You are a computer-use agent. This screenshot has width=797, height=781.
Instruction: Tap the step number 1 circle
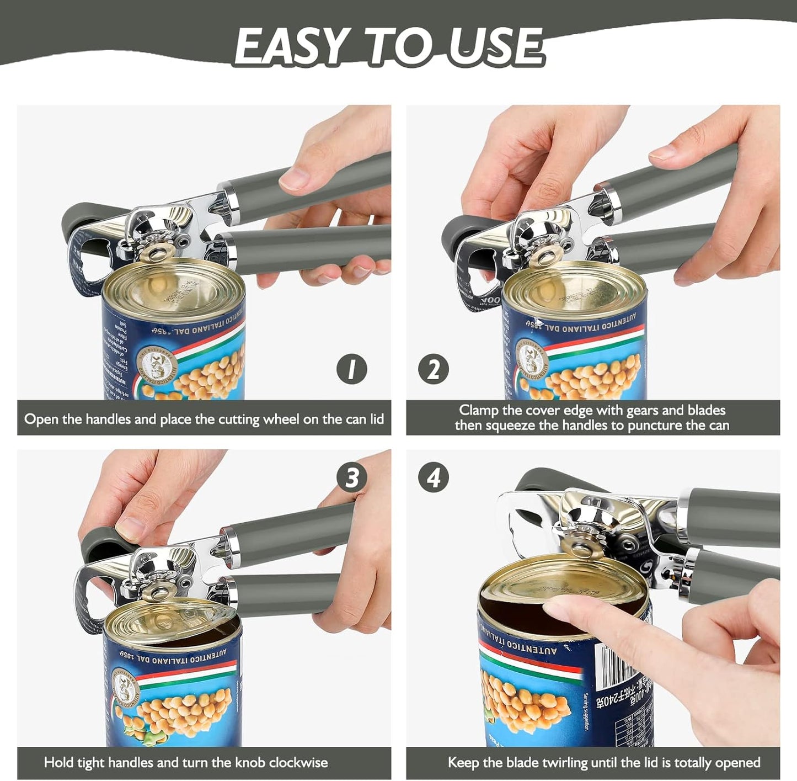pos(351,369)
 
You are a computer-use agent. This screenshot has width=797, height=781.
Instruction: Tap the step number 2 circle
pos(433,369)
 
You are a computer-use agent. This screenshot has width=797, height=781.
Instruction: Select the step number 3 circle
pos(351,478)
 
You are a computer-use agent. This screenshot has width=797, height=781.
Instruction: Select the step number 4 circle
pos(433,478)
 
